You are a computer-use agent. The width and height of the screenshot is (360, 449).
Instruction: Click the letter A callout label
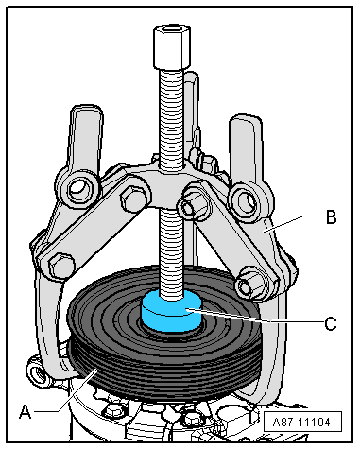26,411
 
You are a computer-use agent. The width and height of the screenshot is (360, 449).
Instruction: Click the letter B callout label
331,217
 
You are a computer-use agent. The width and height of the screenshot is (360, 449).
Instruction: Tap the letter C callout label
331,323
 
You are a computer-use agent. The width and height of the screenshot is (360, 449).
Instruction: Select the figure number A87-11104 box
302,422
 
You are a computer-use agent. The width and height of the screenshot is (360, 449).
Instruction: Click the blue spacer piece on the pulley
171,311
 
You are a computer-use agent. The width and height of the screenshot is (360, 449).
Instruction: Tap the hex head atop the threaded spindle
172,47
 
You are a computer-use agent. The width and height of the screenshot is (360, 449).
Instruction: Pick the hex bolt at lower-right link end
249,283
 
